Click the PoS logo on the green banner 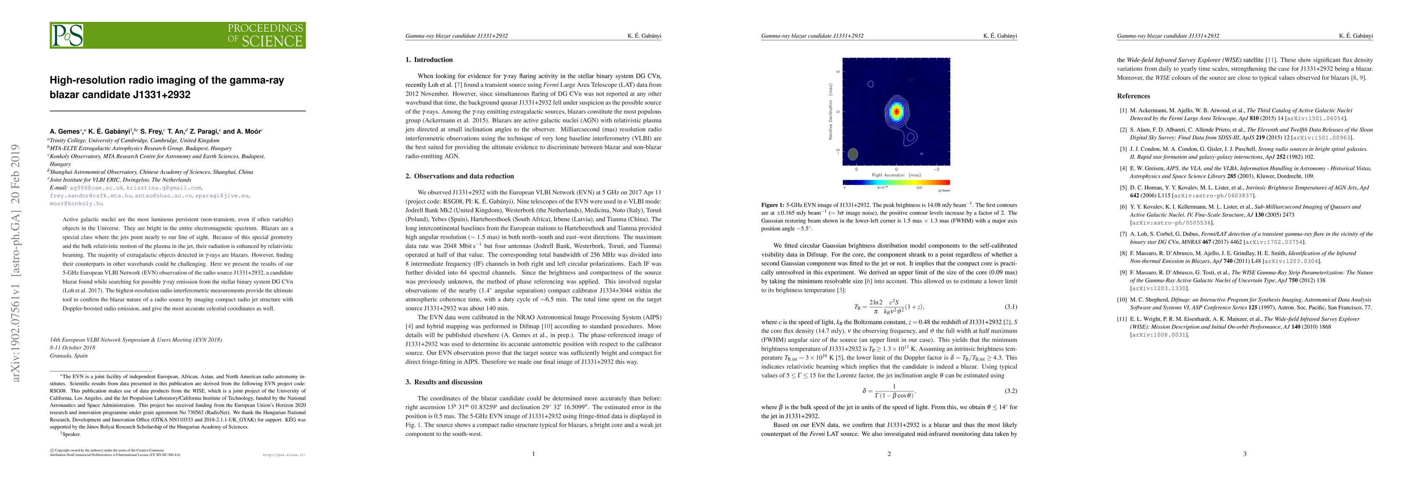pyautogui.click(x=68, y=35)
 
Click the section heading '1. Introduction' pyautogui.click(x=429, y=60)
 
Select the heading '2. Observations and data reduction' pyautogui.click(x=460, y=176)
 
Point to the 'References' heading pyautogui.click(x=1133, y=96)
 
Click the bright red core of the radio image pyautogui.click(x=896, y=111)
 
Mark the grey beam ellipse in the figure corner pyautogui.click(x=853, y=154)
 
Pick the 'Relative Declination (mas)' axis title pyautogui.click(x=830, y=111)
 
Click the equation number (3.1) pyautogui.click(x=1010, y=307)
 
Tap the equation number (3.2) pyautogui.click(x=1010, y=391)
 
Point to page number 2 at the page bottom pyautogui.click(x=889, y=454)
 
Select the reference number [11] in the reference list pyautogui.click(x=1123, y=319)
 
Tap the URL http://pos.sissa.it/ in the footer pyautogui.click(x=284, y=456)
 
